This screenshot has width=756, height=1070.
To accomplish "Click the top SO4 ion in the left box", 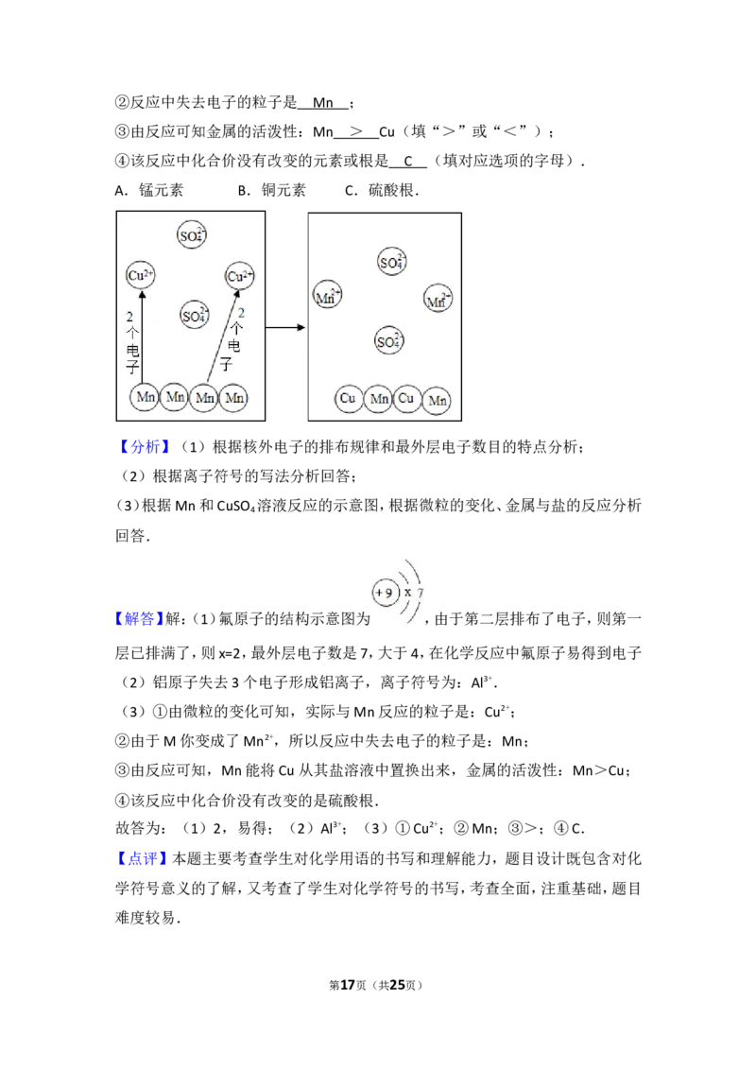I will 192,236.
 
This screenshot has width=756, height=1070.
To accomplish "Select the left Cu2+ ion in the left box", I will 141,275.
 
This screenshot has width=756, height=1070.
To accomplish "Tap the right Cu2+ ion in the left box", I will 240,276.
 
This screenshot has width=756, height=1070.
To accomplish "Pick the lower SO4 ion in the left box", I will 194,314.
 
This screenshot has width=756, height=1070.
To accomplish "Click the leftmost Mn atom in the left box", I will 145,398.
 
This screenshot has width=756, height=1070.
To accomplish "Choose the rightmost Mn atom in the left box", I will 233,398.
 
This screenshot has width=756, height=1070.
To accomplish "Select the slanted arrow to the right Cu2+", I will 221,336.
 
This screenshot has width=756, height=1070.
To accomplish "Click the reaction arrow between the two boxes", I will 286,328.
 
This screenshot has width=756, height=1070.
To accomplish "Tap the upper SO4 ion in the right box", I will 390,263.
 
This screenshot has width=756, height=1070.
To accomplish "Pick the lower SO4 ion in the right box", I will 388,341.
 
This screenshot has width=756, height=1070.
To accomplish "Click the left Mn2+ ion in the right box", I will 327,296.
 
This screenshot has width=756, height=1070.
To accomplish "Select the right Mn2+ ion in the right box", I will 438,300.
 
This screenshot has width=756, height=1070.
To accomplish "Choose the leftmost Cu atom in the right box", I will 348,399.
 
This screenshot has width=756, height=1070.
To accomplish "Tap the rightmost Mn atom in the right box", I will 436,402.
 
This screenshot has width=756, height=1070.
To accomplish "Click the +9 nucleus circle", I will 384,593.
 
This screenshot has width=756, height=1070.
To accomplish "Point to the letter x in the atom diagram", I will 407,593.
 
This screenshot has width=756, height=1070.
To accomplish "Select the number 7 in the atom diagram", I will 421,593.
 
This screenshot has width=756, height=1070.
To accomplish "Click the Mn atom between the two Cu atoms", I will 378,400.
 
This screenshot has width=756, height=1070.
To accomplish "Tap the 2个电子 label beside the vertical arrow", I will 131,343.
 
